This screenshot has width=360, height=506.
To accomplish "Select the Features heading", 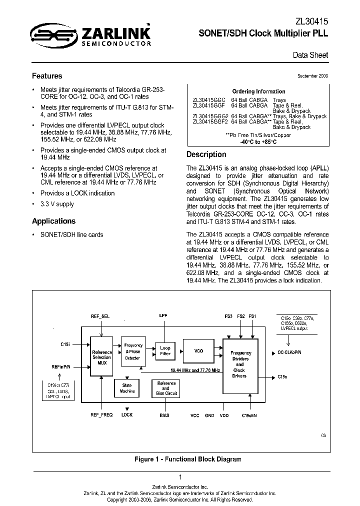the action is (47, 76).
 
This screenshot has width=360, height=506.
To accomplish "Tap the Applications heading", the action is (53, 221).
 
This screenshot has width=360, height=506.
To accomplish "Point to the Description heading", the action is (206, 154).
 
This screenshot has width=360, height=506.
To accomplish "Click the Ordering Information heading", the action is (258, 91).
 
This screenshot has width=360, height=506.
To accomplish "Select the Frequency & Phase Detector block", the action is (133, 351).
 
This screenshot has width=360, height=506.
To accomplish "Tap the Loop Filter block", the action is (165, 351).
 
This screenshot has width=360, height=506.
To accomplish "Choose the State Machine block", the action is (127, 388).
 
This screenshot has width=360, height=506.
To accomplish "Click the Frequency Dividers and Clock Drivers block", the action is (239, 364).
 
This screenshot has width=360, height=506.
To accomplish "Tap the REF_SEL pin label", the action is (100, 316).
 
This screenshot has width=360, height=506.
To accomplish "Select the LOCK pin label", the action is (127, 415).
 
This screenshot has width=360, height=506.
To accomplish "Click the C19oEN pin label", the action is (249, 415).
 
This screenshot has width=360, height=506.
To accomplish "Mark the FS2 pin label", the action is (241, 316).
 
